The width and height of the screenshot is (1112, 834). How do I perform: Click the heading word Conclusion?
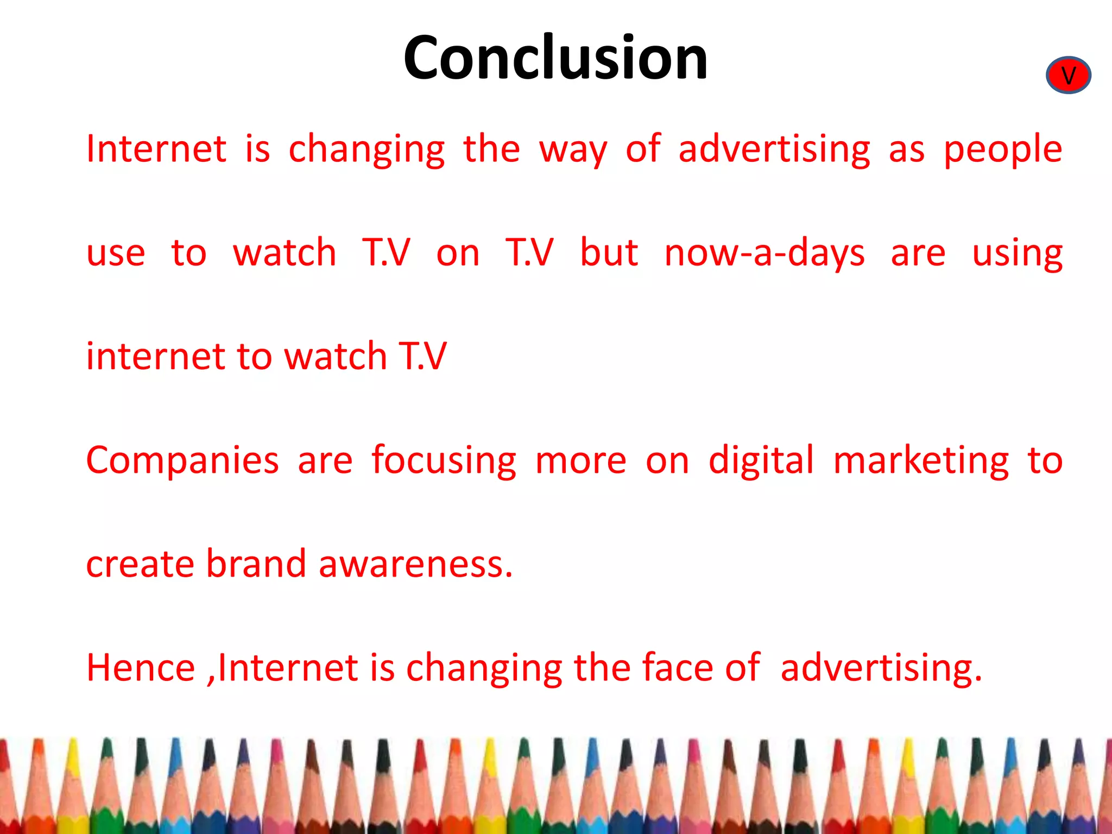click(555, 58)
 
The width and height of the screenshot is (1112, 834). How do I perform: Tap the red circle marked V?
click(1068, 75)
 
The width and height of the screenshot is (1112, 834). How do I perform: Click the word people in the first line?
click(1002, 149)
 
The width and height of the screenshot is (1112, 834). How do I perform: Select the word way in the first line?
click(573, 149)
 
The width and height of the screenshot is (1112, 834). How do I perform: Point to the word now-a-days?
click(764, 254)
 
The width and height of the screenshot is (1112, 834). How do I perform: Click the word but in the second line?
click(609, 252)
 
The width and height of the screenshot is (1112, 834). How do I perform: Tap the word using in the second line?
click(1017, 254)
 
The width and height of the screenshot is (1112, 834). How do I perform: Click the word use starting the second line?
click(116, 254)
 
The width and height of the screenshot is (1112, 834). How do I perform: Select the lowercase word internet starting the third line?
click(156, 357)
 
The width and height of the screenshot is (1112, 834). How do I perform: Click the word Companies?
click(182, 460)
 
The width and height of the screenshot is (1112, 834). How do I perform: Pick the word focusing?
click(444, 460)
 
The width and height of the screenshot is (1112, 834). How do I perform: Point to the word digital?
click(761, 460)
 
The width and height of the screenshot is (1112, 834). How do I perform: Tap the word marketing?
click(921, 460)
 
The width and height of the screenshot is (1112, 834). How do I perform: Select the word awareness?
click(415, 565)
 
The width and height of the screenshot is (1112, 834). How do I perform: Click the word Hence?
click(141, 667)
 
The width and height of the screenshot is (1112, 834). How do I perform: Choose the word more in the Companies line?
click(580, 460)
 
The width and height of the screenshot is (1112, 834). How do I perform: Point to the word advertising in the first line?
click(774, 149)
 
